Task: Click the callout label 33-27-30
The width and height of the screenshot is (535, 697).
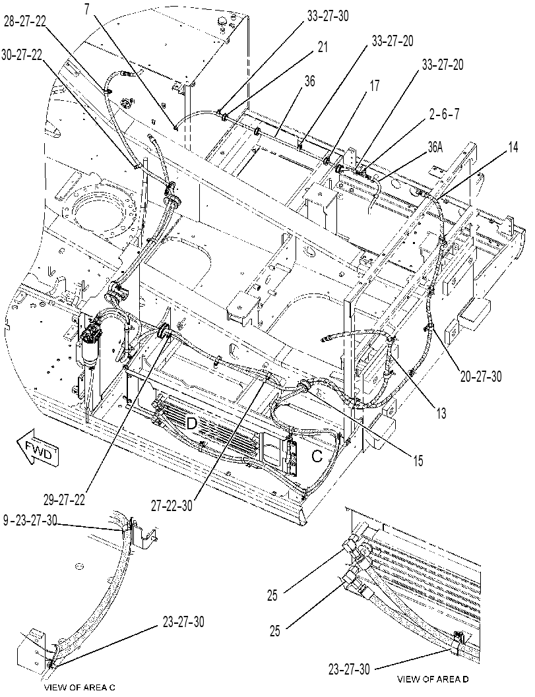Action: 328,16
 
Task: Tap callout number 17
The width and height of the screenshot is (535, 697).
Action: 375,85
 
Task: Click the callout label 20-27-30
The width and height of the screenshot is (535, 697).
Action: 480,377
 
